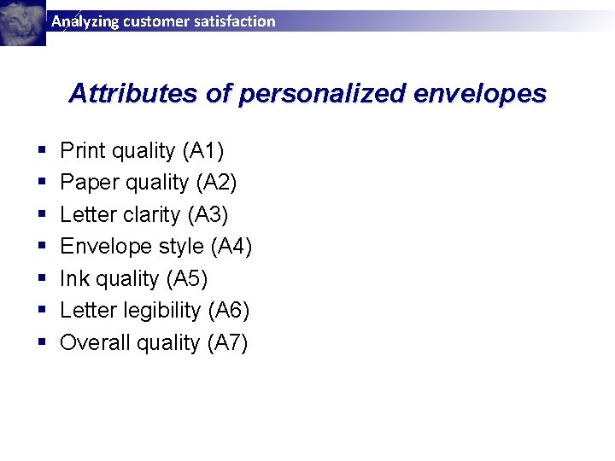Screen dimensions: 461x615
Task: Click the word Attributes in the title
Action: (x=133, y=93)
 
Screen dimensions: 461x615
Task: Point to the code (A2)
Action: (x=216, y=183)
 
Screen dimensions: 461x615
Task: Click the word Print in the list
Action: (x=83, y=151)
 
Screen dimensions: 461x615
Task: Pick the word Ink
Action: (x=73, y=279)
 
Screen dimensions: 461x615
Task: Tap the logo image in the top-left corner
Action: (x=22, y=22)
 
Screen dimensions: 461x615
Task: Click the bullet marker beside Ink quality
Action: (x=42, y=279)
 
